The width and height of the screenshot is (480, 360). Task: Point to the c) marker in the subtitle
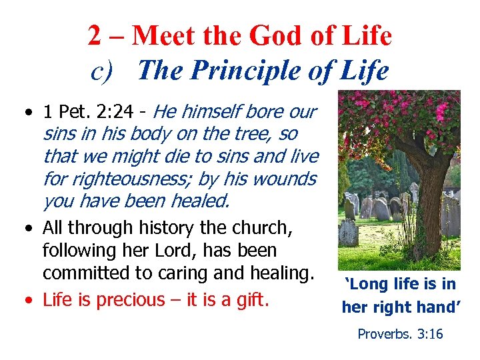[x=103, y=71]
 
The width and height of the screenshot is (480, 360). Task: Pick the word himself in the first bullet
[x=209, y=111]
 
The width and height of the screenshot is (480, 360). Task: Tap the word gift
[x=253, y=300]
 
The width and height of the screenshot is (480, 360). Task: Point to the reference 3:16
[x=429, y=333]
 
